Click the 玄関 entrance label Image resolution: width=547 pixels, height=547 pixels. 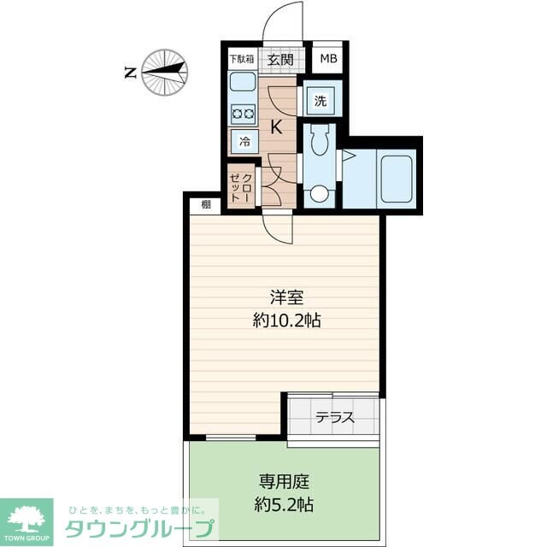pyautogui.click(x=280, y=60)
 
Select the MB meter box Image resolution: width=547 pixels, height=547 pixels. pyautogui.click(x=328, y=60)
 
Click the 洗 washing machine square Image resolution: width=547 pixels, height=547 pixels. pyautogui.click(x=320, y=100)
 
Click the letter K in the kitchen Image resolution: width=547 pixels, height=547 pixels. pyautogui.click(x=277, y=127)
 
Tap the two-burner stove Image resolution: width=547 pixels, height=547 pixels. pyautogui.click(x=243, y=114)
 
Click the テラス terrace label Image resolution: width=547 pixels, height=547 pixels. pyautogui.click(x=335, y=418)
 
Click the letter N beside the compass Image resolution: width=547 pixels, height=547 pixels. pyautogui.click(x=130, y=73)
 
